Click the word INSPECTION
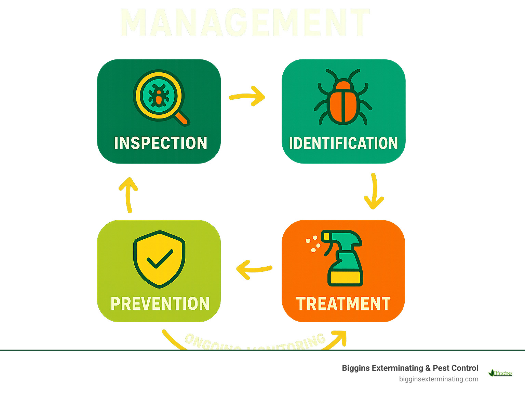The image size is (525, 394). click(160, 143)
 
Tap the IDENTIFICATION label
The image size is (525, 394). click(343, 143)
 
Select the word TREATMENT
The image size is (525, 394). click(343, 304)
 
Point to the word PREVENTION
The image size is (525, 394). click(160, 304)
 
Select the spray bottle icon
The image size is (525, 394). click(342, 258)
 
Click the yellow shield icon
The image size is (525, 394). click(159, 258)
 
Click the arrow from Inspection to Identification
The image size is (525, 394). click(247, 96)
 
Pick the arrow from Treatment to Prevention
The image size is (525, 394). click(254, 269)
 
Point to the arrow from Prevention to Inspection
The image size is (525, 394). click(128, 194)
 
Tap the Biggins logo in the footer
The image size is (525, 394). click(500, 373)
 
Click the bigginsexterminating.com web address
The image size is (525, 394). click(439, 379)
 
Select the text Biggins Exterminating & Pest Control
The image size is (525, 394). click(410, 368)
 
